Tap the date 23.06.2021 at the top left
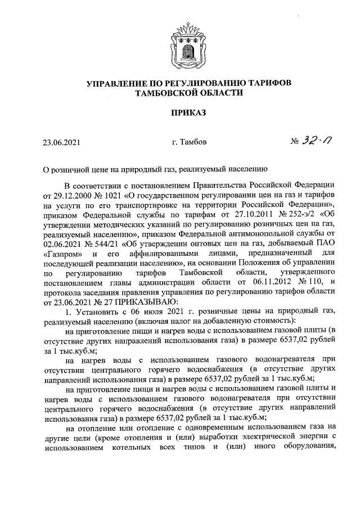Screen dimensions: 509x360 (x=62, y=143)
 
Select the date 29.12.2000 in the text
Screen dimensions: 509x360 (x=72, y=195)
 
